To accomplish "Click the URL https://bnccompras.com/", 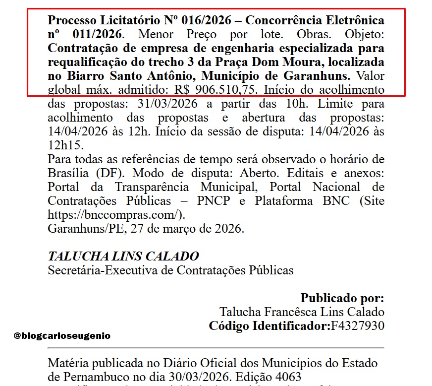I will [115, 215].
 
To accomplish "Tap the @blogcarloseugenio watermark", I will [62, 335].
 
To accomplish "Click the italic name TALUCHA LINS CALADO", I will [123, 257].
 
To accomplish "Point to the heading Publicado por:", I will [342, 298].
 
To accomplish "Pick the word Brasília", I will [68, 174].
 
